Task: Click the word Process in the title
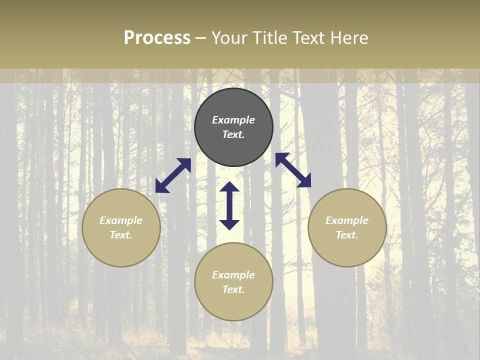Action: [157, 38]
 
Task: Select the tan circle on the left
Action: [121, 250]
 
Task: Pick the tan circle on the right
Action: [347, 250]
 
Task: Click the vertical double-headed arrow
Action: [229, 205]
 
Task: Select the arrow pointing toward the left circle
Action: [173, 175]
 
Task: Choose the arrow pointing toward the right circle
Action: [293, 170]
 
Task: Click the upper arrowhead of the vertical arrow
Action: [229, 187]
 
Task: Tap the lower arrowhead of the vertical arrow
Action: [229, 224]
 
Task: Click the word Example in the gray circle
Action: [233, 120]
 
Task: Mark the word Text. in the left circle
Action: [121, 235]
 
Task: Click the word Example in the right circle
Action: [347, 220]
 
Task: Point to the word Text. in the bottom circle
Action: [233, 289]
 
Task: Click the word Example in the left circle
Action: [121, 220]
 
